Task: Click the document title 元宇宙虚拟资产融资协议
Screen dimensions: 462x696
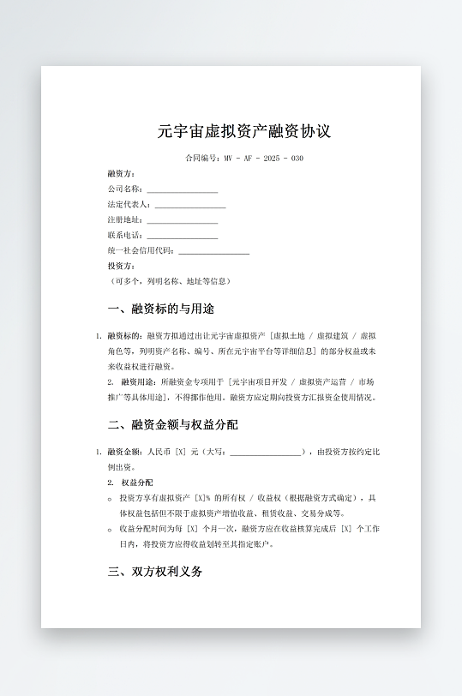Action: pyautogui.click(x=244, y=132)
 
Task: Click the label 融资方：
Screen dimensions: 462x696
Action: pyautogui.click(x=122, y=173)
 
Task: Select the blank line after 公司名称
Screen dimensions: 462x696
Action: pyautogui.click(x=182, y=189)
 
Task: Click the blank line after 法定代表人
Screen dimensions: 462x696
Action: pyautogui.click(x=189, y=205)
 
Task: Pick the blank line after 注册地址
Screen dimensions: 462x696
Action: pyautogui.click(x=182, y=220)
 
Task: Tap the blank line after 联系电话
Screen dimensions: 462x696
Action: pyautogui.click(x=182, y=236)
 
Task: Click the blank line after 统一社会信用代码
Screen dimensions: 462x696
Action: pyautogui.click(x=213, y=251)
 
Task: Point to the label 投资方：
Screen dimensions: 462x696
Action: pyautogui.click(x=122, y=267)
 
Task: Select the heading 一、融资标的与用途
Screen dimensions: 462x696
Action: pyautogui.click(x=160, y=309)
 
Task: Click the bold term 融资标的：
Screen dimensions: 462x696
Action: pyautogui.click(x=127, y=336)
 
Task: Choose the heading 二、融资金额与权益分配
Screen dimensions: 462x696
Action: pyautogui.click(x=172, y=424)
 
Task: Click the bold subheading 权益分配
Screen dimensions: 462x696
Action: pyautogui.click(x=137, y=483)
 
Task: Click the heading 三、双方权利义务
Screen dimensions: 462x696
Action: pyautogui.click(x=154, y=572)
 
